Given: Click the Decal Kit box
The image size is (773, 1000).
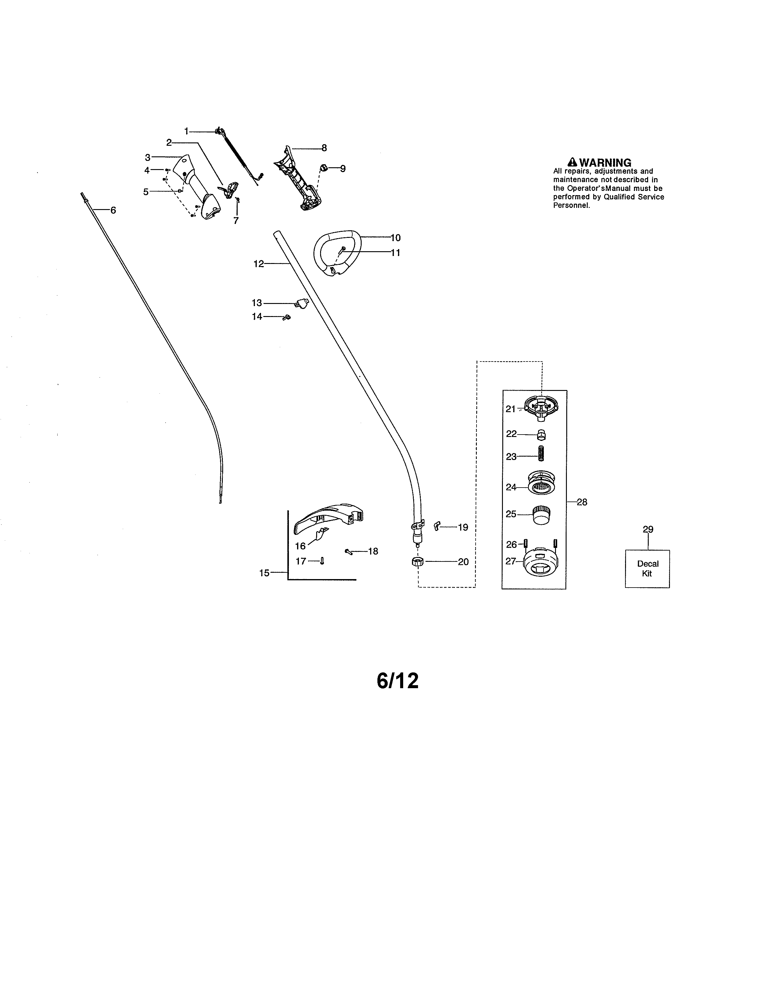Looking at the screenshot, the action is point(647,569).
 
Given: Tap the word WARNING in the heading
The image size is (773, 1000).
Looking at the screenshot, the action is point(605,162).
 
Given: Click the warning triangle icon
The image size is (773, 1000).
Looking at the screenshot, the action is point(572,162).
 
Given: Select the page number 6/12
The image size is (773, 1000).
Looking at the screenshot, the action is point(397,694).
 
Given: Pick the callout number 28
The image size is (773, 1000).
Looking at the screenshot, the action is point(582,502).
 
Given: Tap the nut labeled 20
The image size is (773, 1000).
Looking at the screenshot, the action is point(417,562).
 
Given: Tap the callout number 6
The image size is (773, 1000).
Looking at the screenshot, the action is point(113,210).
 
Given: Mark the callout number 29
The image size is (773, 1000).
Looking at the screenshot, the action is point(648,529).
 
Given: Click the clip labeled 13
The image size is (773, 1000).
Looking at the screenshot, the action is point(301,303).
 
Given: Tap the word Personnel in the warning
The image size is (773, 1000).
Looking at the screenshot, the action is point(571,205).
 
